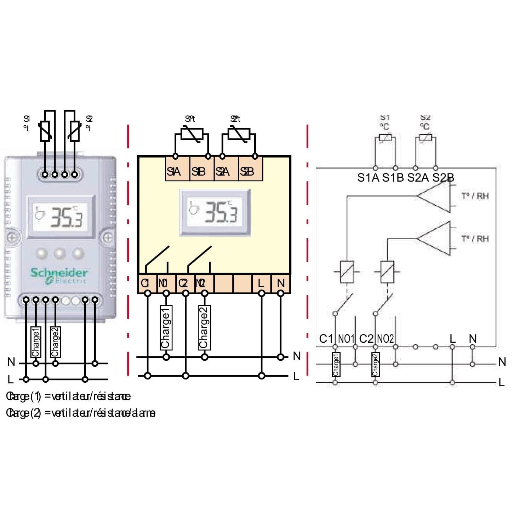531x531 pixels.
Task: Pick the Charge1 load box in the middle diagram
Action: [x=166, y=327]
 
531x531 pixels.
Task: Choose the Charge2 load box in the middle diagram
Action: [x=204, y=327]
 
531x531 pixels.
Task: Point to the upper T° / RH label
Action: [x=475, y=196]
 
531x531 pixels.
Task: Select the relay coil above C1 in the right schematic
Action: [x=347, y=272]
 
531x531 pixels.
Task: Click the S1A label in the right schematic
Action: [x=368, y=178]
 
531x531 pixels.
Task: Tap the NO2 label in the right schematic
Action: [x=385, y=339]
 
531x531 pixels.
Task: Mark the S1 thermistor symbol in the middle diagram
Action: [x=192, y=135]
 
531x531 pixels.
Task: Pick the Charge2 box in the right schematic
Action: [x=375, y=364]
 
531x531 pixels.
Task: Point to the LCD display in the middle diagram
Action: [x=215, y=212]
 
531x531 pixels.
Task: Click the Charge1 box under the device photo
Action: [x=36, y=342]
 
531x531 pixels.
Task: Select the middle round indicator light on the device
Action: [x=59, y=253]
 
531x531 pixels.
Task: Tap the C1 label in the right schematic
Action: [x=326, y=339]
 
